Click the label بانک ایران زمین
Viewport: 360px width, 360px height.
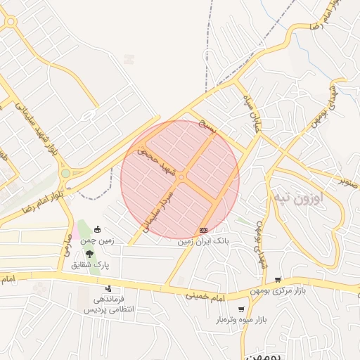point(204,240)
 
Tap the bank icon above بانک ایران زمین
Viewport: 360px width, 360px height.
point(204,230)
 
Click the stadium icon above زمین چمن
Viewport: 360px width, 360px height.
point(97,229)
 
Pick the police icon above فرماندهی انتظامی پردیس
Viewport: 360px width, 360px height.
point(108,288)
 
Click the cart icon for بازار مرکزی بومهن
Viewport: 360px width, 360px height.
point(278,279)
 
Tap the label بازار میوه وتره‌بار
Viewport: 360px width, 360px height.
point(242,321)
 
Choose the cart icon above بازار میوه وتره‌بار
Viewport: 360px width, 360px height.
point(241,309)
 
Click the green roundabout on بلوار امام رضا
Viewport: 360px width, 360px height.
point(65,173)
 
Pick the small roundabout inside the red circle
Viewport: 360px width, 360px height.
point(181,179)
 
